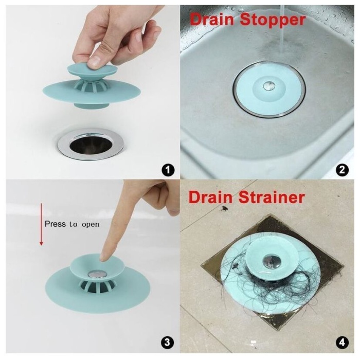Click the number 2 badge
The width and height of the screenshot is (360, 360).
click(x=340, y=169)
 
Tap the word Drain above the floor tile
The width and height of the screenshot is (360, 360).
click(x=210, y=197)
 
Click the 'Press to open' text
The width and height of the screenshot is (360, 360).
click(x=72, y=224)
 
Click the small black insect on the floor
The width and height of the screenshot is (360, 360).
click(x=225, y=209)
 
